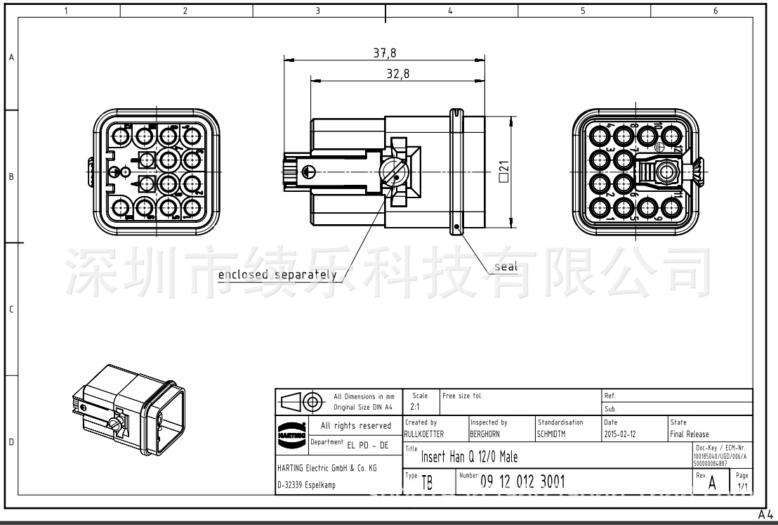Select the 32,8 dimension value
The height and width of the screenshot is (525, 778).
click(x=398, y=75)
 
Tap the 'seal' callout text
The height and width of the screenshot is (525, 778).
click(x=506, y=266)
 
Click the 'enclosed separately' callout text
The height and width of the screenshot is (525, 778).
click(x=277, y=275)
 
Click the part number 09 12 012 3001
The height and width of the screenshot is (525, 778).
click(x=522, y=481)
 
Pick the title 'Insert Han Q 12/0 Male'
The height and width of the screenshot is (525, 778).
click(x=469, y=458)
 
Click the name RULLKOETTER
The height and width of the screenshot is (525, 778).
click(x=424, y=434)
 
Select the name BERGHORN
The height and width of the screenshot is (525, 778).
click(x=489, y=434)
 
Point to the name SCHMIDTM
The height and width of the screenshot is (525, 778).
click(x=556, y=434)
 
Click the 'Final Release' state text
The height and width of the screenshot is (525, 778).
click(x=690, y=434)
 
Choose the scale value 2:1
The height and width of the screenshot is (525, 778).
click(x=416, y=408)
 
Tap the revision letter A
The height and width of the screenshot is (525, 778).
click(x=712, y=483)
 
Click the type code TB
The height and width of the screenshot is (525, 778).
click(x=426, y=483)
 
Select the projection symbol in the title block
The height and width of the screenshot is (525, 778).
click(x=302, y=402)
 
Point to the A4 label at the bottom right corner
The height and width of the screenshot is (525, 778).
click(x=766, y=516)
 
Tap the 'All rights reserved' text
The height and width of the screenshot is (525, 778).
click(x=356, y=426)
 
